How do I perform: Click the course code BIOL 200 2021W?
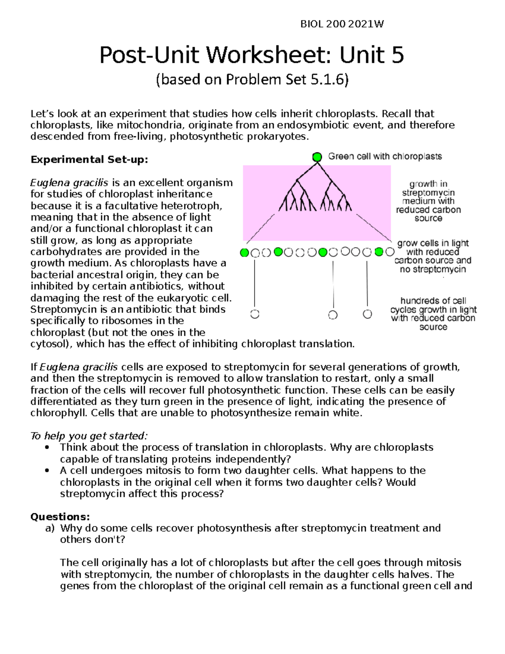click(x=342, y=24)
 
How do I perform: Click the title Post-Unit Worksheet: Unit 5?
click(x=252, y=55)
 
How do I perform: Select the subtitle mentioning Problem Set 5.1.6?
click(x=252, y=79)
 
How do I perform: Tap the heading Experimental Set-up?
click(x=89, y=160)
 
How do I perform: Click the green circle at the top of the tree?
click(x=317, y=157)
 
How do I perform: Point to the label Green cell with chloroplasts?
click(x=385, y=157)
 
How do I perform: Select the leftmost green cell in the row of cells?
click(x=244, y=253)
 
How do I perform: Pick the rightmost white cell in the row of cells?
click(x=390, y=252)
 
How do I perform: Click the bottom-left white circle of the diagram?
click(x=255, y=314)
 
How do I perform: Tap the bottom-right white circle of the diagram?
click(x=367, y=314)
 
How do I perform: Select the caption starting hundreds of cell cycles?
click(x=433, y=314)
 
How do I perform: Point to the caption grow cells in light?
click(x=433, y=256)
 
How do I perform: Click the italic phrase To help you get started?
click(x=89, y=436)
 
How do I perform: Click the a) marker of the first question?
click(x=50, y=528)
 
